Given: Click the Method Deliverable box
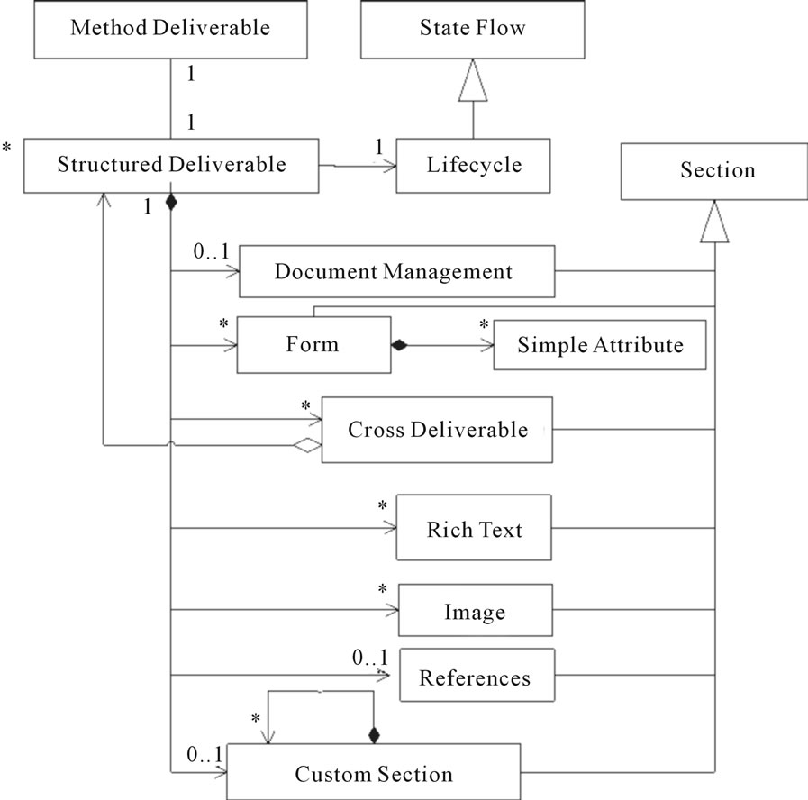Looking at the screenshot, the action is click(x=170, y=29).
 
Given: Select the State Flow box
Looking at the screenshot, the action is click(x=473, y=29).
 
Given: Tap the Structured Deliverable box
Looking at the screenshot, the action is click(x=171, y=166).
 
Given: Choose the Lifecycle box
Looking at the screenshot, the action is click(x=473, y=166).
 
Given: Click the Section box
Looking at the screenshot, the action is click(x=714, y=171).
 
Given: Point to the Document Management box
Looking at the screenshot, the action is click(x=396, y=271).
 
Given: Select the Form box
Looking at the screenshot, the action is click(x=313, y=344).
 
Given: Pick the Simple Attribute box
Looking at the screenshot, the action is click(x=600, y=345).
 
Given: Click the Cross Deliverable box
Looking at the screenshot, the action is click(x=437, y=430).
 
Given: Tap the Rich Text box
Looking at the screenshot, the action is click(x=474, y=527).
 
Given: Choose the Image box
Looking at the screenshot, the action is click(x=475, y=610).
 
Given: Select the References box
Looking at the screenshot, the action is click(x=477, y=675).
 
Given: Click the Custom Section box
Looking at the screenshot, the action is click(x=374, y=772).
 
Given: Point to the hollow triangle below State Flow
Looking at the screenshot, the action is click(x=473, y=80).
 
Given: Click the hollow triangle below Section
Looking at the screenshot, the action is click(x=714, y=221).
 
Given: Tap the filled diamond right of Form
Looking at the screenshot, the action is click(x=399, y=345).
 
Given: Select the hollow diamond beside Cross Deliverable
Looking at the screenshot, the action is click(x=308, y=445).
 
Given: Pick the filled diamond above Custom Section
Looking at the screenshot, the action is click(x=374, y=735).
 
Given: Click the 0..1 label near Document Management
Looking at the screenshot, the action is click(x=211, y=251).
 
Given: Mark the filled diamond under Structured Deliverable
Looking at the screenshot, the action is click(x=171, y=202).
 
